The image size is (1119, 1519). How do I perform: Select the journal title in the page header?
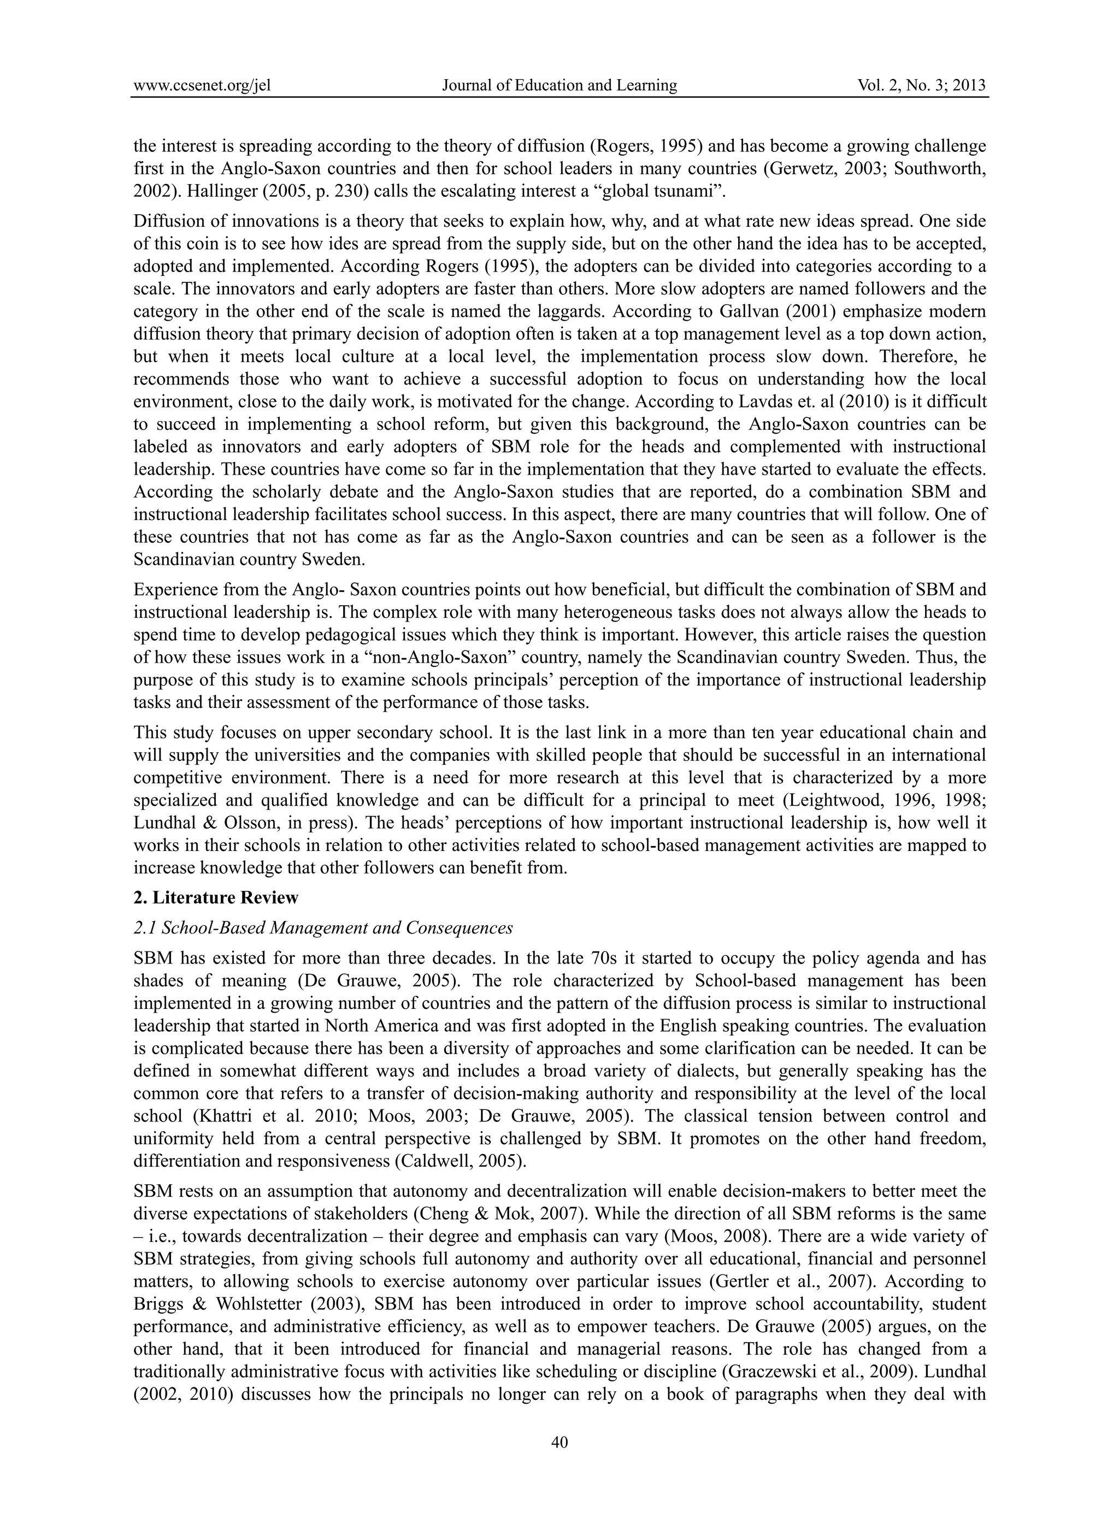[x=559, y=85]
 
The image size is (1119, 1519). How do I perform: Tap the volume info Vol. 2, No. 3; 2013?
[x=921, y=85]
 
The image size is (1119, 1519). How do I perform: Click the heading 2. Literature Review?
[x=216, y=898]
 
